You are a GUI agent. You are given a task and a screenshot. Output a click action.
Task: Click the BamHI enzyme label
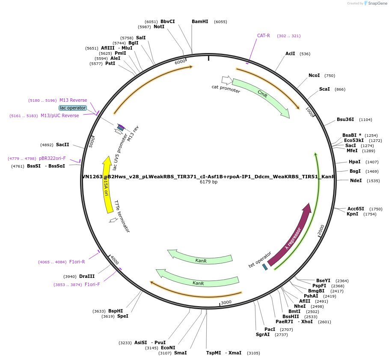200,21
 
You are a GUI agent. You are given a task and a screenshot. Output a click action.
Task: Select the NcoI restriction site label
314,76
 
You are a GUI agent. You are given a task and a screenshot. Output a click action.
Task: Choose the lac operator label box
73,108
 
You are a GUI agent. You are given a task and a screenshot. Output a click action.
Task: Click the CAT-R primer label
263,36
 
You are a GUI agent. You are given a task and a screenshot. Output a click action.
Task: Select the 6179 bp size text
208,182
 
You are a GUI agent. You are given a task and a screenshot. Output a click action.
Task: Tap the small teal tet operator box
265,267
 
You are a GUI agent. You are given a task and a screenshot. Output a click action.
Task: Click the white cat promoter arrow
227,80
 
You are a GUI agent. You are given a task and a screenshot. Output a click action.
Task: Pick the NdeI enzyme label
356,180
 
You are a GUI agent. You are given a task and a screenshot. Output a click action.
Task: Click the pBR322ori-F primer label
52,159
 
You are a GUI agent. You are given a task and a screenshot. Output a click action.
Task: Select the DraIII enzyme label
86,277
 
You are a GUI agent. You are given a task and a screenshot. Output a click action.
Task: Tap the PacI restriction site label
270,330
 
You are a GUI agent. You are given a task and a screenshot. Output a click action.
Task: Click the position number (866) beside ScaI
340,89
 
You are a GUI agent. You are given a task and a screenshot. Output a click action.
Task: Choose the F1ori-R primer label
77,262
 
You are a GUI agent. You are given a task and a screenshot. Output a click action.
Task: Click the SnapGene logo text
378,3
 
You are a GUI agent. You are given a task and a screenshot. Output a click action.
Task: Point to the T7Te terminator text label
122,216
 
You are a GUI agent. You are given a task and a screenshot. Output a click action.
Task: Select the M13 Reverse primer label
73,100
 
